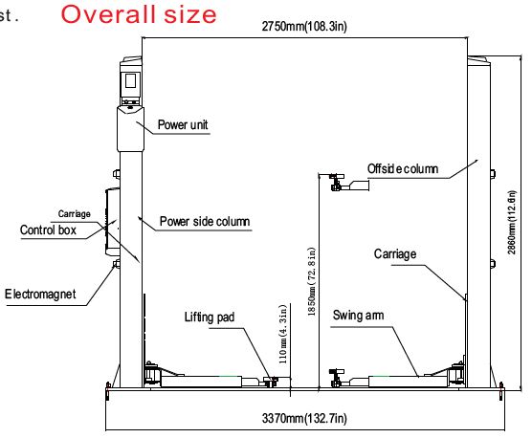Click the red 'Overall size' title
(x=139, y=14)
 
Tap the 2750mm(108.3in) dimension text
(x=304, y=26)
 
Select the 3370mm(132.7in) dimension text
(x=304, y=418)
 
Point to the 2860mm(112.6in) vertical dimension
(x=512, y=223)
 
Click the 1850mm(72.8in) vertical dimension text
(x=312, y=281)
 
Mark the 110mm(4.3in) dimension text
(x=282, y=335)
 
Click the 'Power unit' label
(x=183, y=124)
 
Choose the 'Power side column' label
(x=205, y=221)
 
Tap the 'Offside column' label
(x=403, y=168)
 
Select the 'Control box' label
(x=48, y=230)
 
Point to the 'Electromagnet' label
(x=40, y=294)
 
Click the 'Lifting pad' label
(x=210, y=318)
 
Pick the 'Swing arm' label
(x=358, y=316)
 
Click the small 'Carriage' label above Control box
(x=74, y=214)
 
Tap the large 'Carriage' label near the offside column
(x=395, y=254)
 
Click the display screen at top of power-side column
(x=131, y=81)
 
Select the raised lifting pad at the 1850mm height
(x=349, y=183)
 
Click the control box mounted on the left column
(x=113, y=222)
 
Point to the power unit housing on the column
(x=131, y=129)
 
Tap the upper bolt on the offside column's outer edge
(x=493, y=173)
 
